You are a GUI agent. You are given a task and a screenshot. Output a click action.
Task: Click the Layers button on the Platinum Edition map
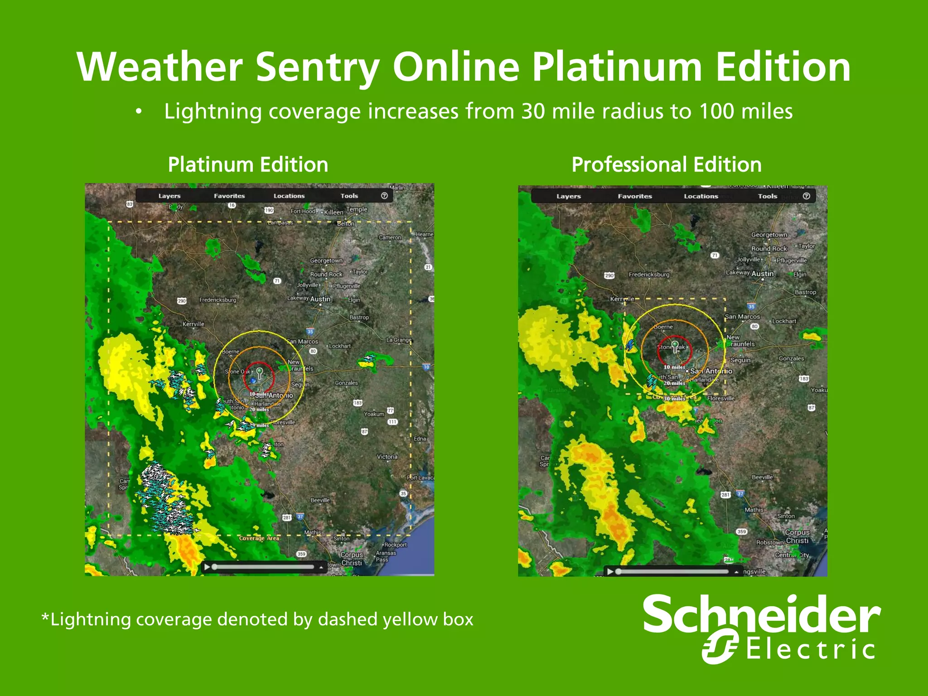(x=169, y=196)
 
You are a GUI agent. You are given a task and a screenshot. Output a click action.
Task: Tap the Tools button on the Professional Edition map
(x=767, y=196)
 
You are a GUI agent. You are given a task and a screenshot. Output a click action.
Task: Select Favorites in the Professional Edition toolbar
(x=634, y=196)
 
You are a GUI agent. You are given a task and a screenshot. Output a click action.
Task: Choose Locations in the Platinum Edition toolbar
(x=289, y=196)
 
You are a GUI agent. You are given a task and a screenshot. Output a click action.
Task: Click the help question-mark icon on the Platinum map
(x=384, y=196)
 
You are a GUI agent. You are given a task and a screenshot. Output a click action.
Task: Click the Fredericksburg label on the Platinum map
(x=217, y=300)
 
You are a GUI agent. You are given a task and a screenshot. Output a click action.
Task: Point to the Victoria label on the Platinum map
(x=387, y=457)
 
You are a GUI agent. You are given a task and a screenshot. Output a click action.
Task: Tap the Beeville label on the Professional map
(x=762, y=477)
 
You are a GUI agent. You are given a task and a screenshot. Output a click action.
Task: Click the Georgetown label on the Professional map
(x=769, y=235)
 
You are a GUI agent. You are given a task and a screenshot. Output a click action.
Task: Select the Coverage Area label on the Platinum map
(x=259, y=538)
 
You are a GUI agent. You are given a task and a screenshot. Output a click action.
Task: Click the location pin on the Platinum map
(x=259, y=373)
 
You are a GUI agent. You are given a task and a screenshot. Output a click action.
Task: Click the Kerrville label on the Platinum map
(x=193, y=324)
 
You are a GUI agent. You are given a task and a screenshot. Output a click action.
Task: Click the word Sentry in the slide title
(x=318, y=67)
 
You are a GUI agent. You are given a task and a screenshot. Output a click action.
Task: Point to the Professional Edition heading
(x=666, y=164)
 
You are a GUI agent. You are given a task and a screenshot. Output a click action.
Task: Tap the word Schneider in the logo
(x=761, y=615)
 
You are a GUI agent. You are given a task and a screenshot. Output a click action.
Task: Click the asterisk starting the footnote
(x=45, y=617)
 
